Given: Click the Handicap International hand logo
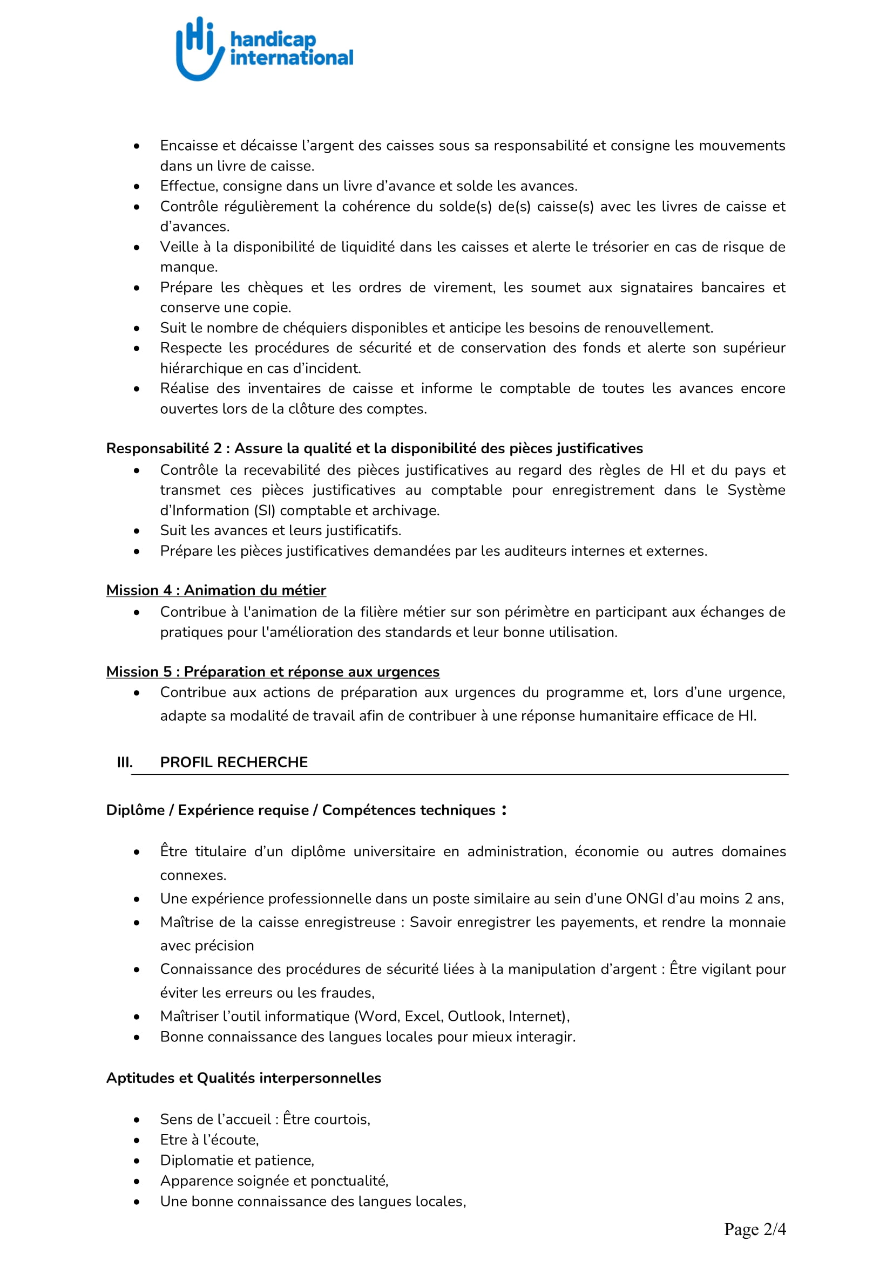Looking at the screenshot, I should coord(199,49).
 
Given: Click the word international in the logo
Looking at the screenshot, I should coord(292,58).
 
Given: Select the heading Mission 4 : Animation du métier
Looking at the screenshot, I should coord(216,590).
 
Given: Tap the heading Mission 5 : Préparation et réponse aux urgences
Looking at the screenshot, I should coord(273,672).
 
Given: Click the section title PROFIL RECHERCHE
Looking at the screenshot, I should coord(234,762).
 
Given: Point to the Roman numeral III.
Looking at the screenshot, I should coord(125,762).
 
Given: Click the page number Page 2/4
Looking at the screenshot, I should coord(755,1229).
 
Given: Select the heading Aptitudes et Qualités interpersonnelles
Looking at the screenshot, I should coord(243,1078).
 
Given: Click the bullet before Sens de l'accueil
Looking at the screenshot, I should coord(137,1120).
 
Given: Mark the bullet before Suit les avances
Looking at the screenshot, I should coord(137,531).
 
